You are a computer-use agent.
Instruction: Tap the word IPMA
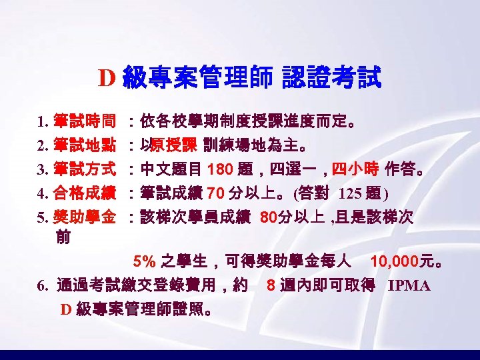coord(409,285)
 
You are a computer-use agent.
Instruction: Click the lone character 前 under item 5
coord(65,236)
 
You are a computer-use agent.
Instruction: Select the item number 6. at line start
coord(43,285)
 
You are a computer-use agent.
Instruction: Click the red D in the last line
coord(65,309)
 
